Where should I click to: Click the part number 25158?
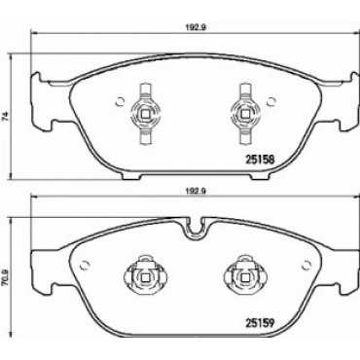coord(259,160)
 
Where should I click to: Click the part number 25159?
coord(259,323)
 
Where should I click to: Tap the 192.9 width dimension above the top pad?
coord(197,27)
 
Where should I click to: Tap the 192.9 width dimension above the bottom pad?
coord(197,192)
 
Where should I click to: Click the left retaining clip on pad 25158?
coord(145,113)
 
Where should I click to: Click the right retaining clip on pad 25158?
coord(243,113)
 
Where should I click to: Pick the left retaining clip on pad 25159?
coord(145,275)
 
